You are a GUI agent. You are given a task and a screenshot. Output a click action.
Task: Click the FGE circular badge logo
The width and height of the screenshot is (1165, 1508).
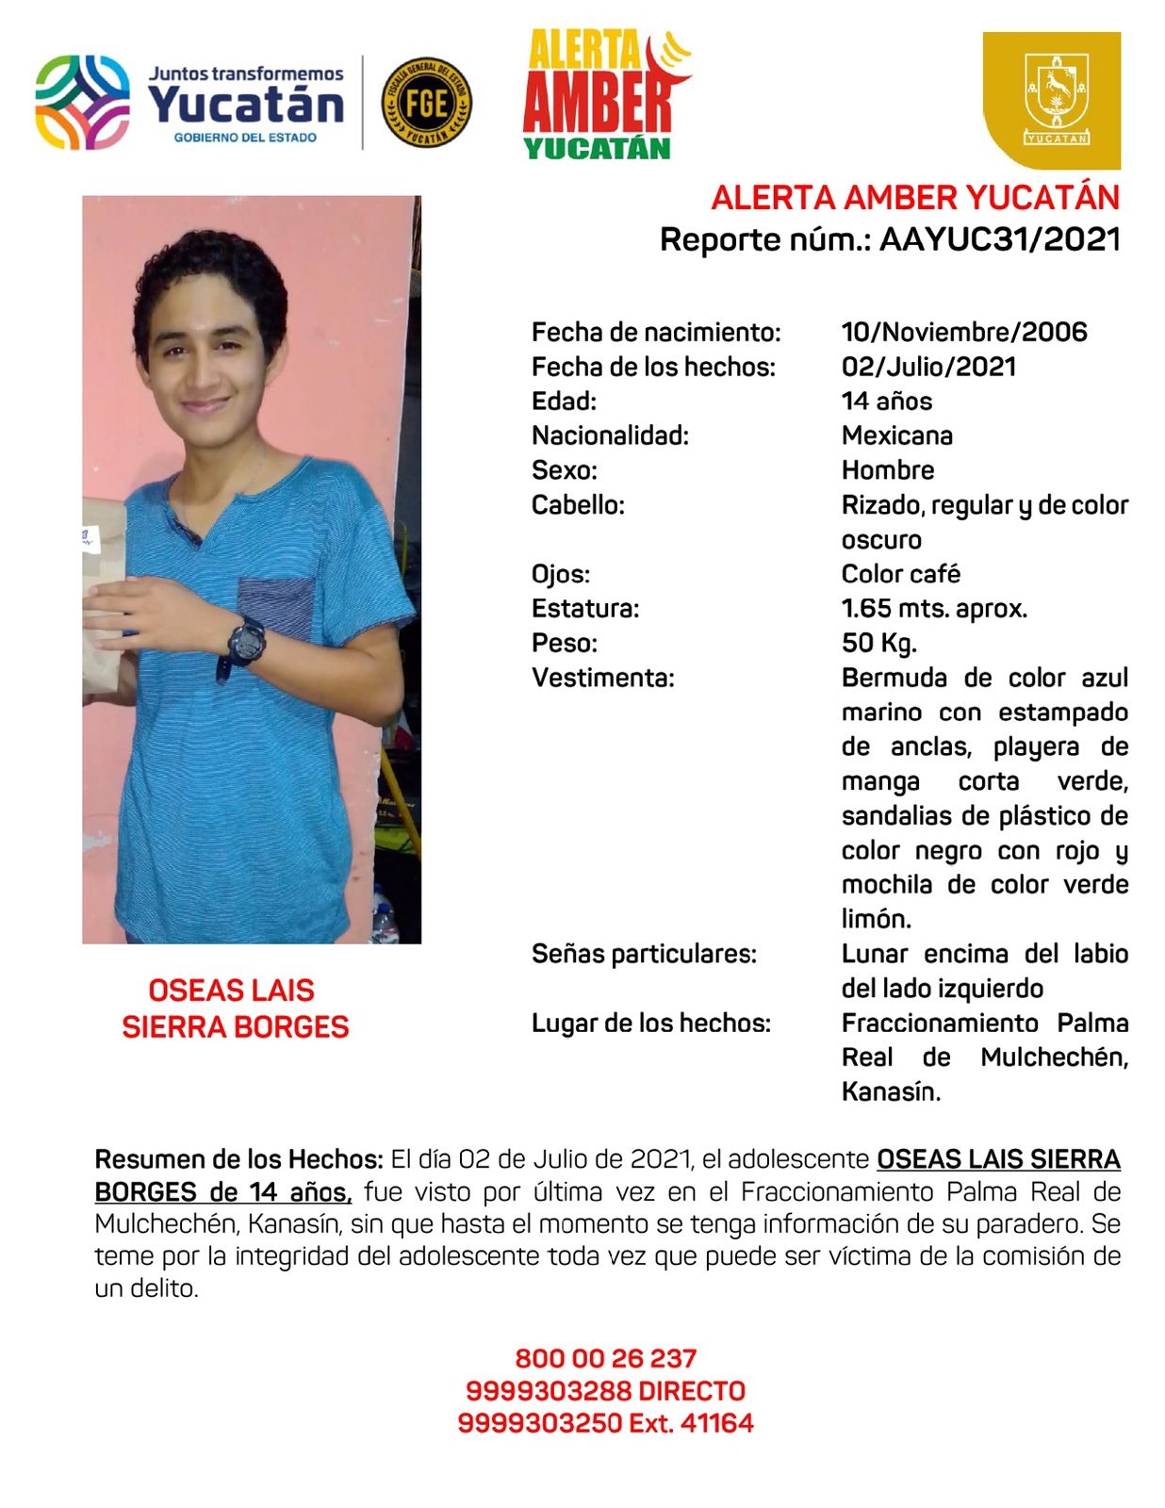[426, 103]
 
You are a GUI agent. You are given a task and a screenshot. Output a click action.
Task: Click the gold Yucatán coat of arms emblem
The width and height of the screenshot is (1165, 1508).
[1053, 100]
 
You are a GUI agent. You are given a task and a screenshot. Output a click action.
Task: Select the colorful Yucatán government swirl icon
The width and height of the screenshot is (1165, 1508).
[83, 102]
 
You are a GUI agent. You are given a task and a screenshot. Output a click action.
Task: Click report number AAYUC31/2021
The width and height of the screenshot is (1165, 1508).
[999, 239]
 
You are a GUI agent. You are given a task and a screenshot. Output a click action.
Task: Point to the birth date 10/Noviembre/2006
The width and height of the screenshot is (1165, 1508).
[963, 332]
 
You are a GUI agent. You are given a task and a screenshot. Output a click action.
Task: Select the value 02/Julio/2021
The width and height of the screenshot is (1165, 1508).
[928, 367]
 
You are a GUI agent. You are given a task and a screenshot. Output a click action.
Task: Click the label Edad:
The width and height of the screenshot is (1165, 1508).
[564, 402]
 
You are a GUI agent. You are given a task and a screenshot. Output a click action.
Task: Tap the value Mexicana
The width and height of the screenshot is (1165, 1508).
[896, 435]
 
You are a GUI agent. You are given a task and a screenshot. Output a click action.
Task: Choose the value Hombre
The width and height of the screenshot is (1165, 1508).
[887, 470]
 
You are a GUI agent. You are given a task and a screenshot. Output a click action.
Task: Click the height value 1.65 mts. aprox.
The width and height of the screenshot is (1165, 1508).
[933, 609]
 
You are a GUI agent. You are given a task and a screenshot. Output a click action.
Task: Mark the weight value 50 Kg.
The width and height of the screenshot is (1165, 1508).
[878, 644]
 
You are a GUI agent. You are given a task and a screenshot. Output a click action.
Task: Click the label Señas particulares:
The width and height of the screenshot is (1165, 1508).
[644, 954]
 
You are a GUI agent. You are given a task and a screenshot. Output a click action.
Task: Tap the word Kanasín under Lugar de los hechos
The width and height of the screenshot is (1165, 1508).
[890, 1092]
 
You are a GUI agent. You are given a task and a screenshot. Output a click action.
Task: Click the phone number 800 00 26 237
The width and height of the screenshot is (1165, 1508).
[605, 1358]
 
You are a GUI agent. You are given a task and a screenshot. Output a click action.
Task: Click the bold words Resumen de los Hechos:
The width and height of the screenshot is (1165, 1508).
[238, 1159]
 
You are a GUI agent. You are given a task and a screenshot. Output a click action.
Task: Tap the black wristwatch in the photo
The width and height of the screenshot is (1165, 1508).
[247, 643]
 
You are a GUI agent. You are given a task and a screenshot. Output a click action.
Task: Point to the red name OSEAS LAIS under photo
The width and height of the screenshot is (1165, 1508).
[231, 991]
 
